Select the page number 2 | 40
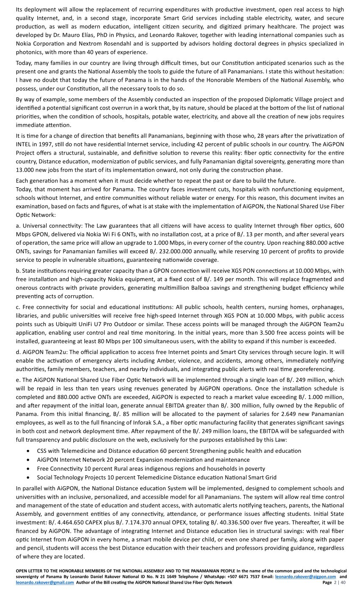pos(339,582)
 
